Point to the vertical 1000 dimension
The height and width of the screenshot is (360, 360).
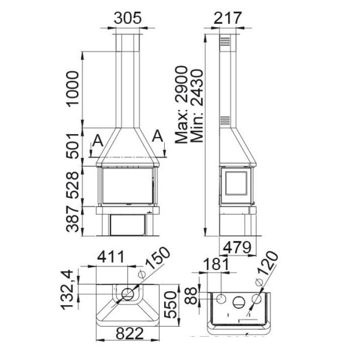[73, 88]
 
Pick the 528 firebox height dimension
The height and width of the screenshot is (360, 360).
[73, 184]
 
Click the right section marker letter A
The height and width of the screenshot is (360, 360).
[158, 135]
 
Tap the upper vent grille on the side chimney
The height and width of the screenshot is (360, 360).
[226, 42]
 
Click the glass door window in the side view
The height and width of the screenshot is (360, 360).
[236, 187]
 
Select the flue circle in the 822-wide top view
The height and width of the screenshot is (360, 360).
[128, 293]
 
